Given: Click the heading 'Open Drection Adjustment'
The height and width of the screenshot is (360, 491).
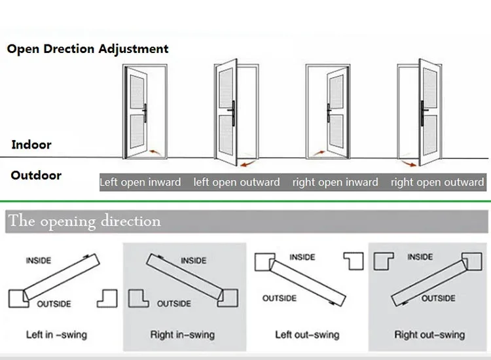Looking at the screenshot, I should pos(88,49).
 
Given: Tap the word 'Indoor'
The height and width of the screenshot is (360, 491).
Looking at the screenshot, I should pos(31,145).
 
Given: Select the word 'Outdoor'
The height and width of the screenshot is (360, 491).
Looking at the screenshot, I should pos(36,175).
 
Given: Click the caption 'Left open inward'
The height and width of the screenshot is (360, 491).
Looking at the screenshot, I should pos(140,182).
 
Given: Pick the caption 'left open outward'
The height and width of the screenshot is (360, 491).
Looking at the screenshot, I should pos(236,182).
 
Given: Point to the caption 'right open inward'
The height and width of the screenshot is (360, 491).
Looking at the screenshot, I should pos(335,182).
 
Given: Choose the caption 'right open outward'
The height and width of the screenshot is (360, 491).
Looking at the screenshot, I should pos(437,182).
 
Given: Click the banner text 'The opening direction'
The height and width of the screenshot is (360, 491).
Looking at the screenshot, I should pos(85,221).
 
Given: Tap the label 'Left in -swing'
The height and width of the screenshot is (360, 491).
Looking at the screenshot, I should pos(56,334).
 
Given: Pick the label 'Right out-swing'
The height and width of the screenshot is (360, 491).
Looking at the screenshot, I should pos(429,334).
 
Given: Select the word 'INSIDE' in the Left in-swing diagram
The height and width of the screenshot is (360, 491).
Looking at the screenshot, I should pos(39,261).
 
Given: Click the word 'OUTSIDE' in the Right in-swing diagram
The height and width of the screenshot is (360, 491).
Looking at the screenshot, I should pos(173,303).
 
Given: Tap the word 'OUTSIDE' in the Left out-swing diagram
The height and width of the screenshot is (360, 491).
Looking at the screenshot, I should pos(280,298).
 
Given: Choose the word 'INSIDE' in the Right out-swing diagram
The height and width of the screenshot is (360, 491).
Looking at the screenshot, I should pos(420,257).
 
